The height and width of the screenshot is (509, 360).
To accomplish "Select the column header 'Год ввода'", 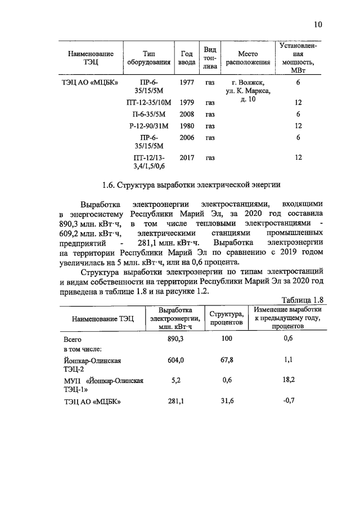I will (x=187, y=58).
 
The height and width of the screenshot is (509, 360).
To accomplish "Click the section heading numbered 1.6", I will (x=191, y=184).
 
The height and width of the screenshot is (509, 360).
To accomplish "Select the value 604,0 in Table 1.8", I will (x=176, y=361).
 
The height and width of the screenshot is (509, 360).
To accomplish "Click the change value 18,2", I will (x=289, y=380).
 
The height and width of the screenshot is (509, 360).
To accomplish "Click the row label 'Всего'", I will (x=73, y=340).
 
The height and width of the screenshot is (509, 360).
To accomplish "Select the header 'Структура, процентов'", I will (x=226, y=319).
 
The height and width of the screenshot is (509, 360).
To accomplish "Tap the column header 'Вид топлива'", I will (x=210, y=58).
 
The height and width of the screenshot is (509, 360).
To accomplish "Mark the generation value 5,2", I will (x=176, y=380).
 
